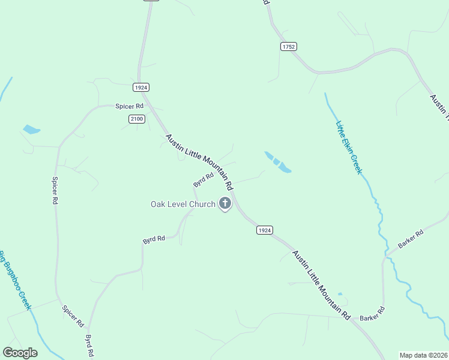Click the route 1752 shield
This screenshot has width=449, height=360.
(x=288, y=46)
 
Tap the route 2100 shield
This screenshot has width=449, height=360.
(x=136, y=119)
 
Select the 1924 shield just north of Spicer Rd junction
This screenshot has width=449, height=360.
(x=141, y=88)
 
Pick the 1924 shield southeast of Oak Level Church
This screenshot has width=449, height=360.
(x=265, y=230)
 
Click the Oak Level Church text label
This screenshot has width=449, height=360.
(x=182, y=205)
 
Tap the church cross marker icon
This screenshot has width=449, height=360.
(x=225, y=203)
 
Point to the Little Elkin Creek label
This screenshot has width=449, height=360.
(x=349, y=148)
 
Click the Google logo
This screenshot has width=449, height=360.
(x=20, y=352)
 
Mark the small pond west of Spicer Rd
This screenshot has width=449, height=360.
(x=31, y=129)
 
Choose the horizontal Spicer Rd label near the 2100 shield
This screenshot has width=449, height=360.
(x=130, y=106)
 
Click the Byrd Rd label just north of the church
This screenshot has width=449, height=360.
(x=203, y=179)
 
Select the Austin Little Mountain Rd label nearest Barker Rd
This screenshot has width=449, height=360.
(x=321, y=284)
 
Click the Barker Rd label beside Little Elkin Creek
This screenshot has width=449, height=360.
(x=411, y=238)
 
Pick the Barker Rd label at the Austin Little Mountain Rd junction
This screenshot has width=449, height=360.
(x=372, y=314)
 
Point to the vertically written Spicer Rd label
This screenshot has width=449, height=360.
(x=54, y=191)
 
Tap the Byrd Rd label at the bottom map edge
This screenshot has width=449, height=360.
(x=90, y=346)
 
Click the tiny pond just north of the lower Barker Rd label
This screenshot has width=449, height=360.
(x=340, y=295)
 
